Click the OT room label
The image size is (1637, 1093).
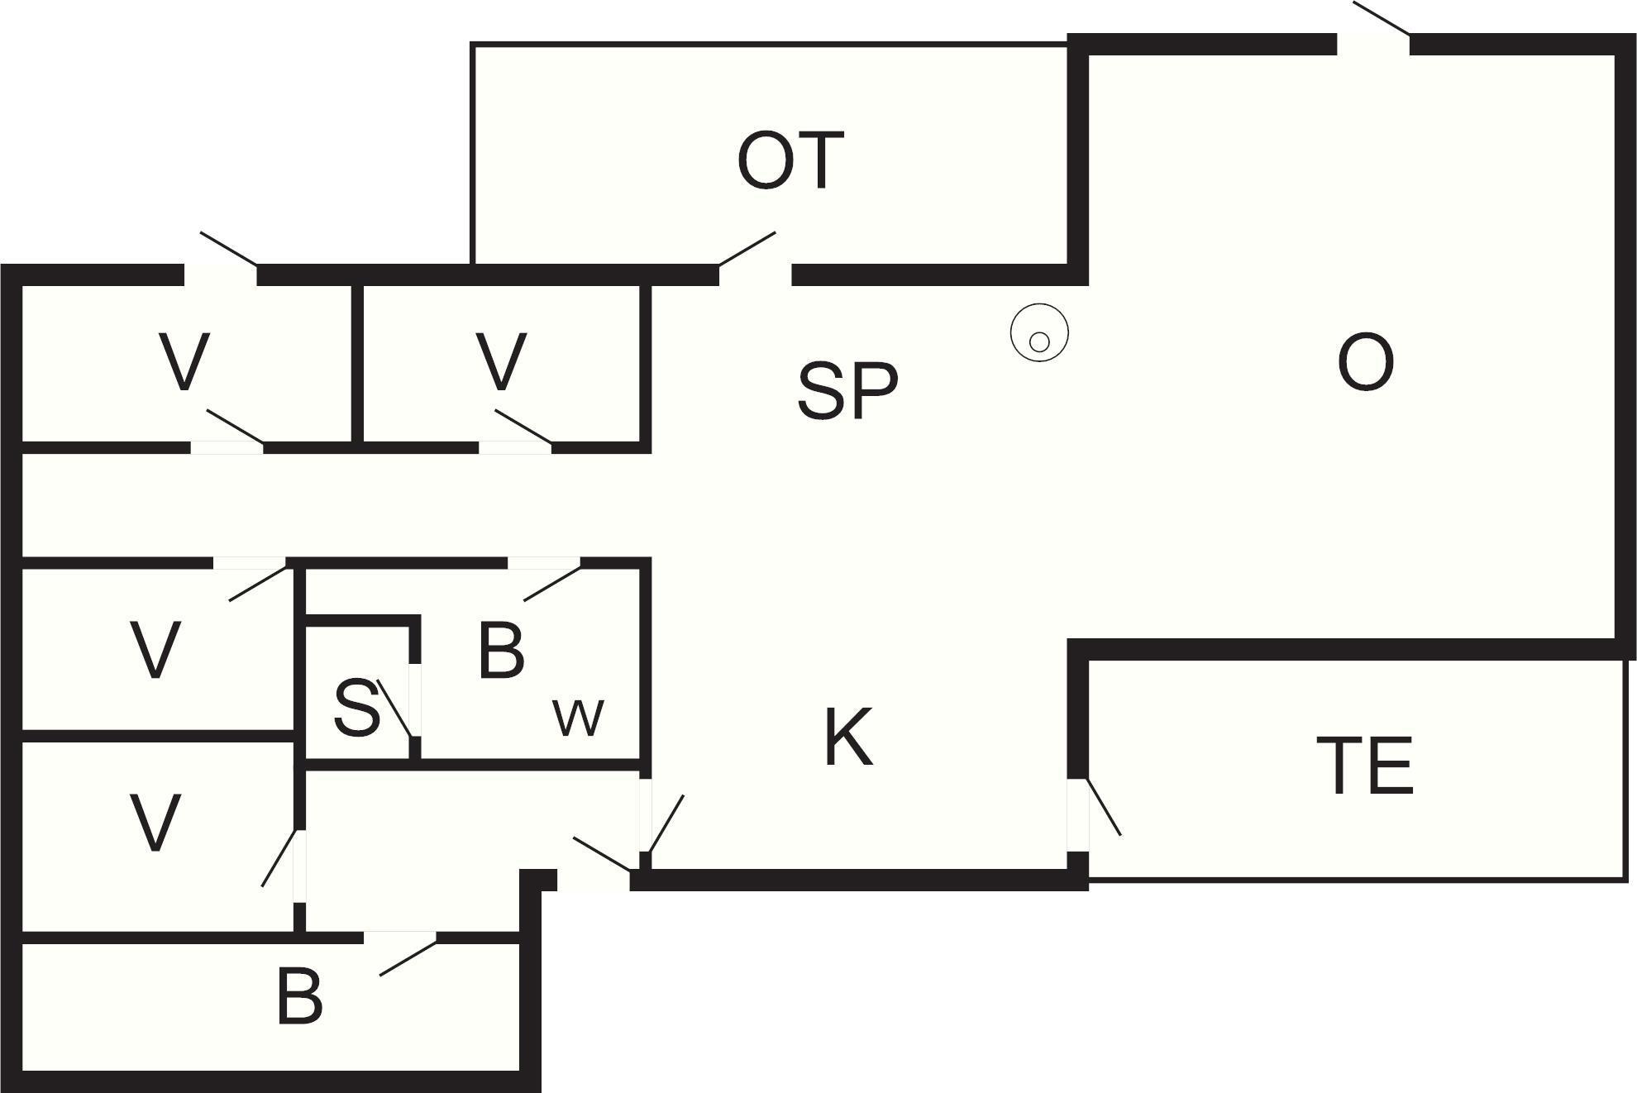pos(790,160)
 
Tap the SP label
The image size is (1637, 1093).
pos(847,389)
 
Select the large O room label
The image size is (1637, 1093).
pos(1365,362)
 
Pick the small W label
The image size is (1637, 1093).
pos(579,718)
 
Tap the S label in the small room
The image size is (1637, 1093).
pos(357,709)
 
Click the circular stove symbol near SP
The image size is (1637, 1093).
pos(1039,333)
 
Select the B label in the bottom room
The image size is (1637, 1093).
pos(299,997)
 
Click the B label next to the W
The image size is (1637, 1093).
pos(501,651)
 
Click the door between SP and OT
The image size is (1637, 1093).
pos(747,249)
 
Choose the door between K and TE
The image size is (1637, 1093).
pos(1103,807)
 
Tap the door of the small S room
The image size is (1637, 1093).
pos(394,708)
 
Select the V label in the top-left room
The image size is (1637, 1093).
pos(184,361)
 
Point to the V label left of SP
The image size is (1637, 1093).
pos(502,361)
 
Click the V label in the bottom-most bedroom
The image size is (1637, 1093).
pos(155,822)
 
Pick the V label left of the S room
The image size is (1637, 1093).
pos(155,650)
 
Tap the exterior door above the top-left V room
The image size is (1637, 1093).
pos(229,249)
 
